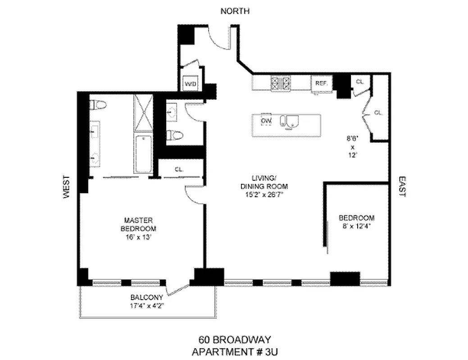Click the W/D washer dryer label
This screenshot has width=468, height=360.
189,83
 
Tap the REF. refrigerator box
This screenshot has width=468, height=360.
321,84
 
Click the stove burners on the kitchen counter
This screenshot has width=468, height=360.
280,83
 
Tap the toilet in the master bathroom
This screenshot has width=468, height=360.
98,105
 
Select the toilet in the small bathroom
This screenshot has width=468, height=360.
174,135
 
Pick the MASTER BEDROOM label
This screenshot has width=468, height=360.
138,224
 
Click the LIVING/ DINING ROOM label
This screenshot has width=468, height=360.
270,183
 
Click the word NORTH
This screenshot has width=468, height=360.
235,11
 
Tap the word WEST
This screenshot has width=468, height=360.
67,186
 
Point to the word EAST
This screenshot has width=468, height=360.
402,186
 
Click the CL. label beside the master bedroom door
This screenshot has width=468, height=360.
179,170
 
